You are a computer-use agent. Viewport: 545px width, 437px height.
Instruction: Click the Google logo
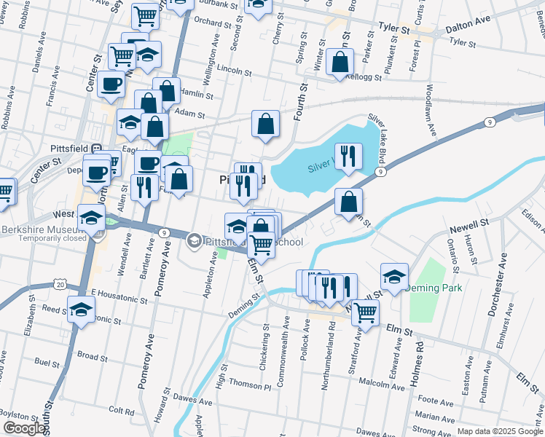pyautogui.click(x=24, y=428)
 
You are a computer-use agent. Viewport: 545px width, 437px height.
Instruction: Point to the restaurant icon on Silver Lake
pyautogui.click(x=349, y=157)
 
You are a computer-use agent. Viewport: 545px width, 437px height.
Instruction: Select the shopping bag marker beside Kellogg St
pyautogui.click(x=340, y=63)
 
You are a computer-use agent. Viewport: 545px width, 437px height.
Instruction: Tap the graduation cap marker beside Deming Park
pyautogui.click(x=394, y=277)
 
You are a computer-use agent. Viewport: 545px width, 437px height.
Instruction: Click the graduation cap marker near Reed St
pyautogui.click(x=82, y=309)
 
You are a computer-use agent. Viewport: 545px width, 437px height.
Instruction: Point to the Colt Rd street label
pyautogui.click(x=121, y=412)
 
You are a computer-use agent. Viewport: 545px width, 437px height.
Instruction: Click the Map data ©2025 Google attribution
pyautogui.click(x=499, y=431)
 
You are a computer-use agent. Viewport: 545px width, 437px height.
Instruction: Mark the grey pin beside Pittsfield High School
pyautogui.click(x=195, y=239)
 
